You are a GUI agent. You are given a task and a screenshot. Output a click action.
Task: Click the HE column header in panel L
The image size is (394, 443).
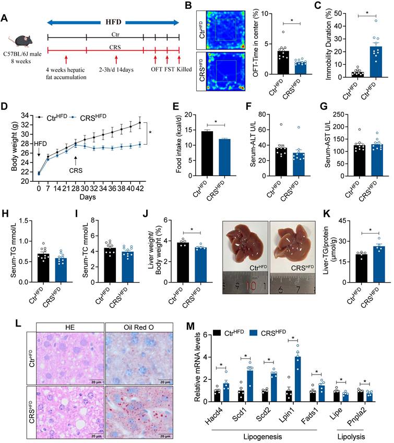pyautogui.click(x=69, y=327)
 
